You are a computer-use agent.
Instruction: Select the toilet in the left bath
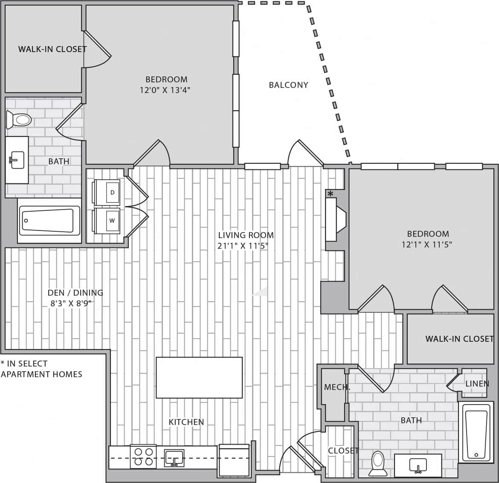(18, 119)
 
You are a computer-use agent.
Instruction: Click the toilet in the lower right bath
(377, 463)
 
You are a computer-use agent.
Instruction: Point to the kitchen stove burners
(143, 456)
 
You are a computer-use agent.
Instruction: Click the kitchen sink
(174, 458)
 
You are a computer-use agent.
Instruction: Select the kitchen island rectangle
(199, 378)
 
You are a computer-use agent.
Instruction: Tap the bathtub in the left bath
(49, 221)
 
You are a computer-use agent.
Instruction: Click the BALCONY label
(288, 85)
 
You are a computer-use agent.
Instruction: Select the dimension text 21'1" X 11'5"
(243, 246)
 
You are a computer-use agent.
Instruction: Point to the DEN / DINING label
(75, 293)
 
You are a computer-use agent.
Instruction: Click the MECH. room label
(337, 387)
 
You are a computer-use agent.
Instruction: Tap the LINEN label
(477, 384)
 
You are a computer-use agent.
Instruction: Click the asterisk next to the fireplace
(330, 194)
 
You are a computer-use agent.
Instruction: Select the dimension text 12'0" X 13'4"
(165, 90)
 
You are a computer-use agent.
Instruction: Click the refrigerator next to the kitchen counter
(233, 460)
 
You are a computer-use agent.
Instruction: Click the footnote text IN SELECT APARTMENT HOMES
(41, 369)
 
